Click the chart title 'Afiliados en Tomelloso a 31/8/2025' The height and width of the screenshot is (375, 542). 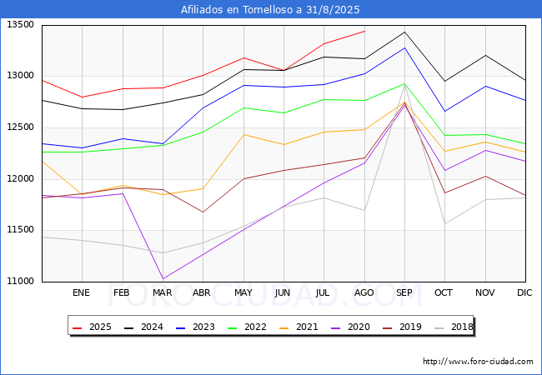point(271,10)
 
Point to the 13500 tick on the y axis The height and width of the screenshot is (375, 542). point(21,25)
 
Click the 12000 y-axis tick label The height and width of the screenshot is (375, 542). point(21,178)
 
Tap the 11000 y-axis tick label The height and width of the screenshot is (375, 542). point(21,281)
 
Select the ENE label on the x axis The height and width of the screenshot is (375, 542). point(81,292)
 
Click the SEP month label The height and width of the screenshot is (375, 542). point(404,292)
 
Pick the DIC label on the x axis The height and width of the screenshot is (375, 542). point(524,292)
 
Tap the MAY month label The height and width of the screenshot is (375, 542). point(243,292)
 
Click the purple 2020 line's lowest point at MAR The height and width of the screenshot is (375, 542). point(163,278)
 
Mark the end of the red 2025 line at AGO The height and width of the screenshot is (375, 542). point(364,31)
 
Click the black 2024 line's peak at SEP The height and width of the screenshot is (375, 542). point(404,32)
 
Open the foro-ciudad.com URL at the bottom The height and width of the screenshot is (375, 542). point(478,362)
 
